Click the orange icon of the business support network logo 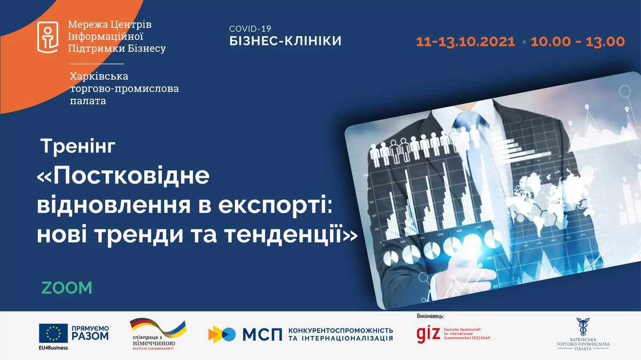click(48, 37)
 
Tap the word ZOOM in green click(67, 287)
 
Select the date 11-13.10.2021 click(465, 42)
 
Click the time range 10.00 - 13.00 click(577, 42)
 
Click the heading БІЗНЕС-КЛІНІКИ click(285, 41)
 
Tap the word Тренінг click(78, 146)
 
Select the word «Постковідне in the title click(123, 177)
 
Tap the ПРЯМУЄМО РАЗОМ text click(89, 333)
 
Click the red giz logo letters click(428, 333)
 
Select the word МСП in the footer click(262, 334)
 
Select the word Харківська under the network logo click(99, 76)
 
